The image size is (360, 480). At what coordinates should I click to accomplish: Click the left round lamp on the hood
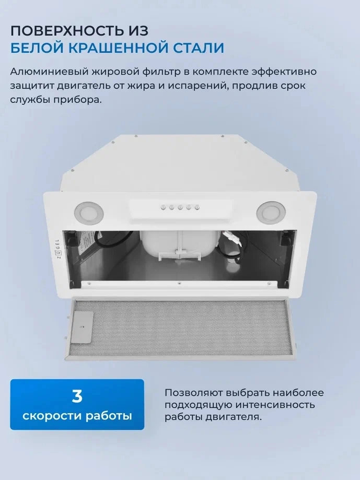(88, 212)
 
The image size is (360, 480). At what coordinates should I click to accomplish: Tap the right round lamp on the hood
(271, 211)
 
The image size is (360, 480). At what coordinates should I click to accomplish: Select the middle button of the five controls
(180, 207)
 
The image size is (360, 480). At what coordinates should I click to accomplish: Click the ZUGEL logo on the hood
(57, 250)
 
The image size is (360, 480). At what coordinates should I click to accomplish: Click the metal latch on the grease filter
(82, 327)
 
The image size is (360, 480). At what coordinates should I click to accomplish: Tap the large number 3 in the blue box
(77, 396)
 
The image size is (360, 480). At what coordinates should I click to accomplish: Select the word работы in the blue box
(109, 416)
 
